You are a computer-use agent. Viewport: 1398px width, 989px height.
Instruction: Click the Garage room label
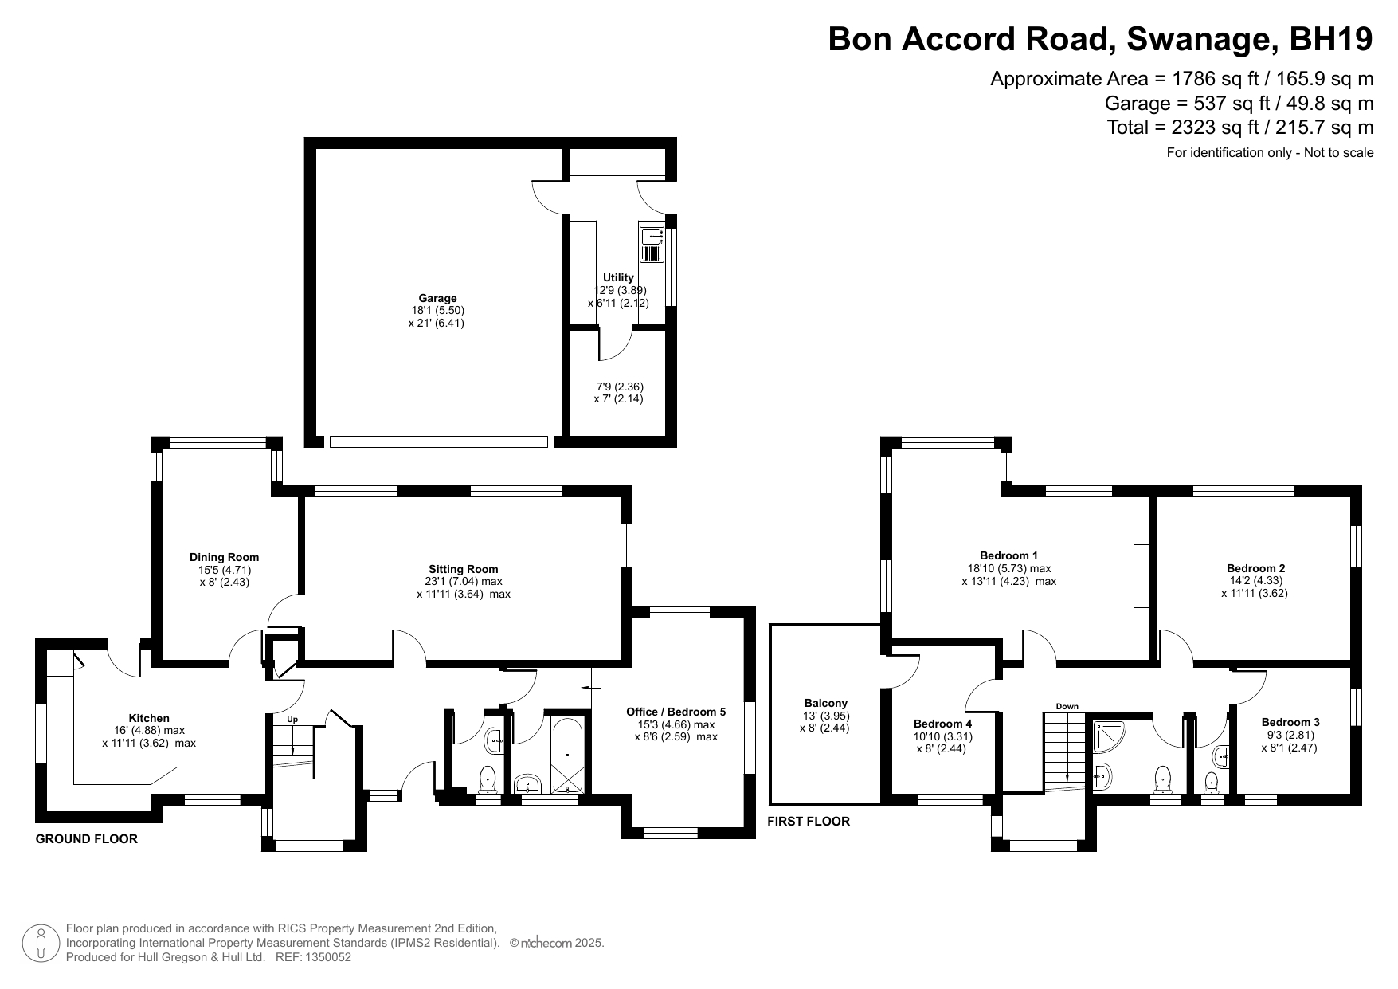pos(437,299)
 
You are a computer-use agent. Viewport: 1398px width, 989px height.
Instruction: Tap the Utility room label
pos(618,278)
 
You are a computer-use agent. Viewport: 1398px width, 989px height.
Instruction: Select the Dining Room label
pos(224,557)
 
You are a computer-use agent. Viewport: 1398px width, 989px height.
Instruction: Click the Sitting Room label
pos(463,569)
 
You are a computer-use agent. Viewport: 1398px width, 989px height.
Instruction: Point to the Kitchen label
pos(149,718)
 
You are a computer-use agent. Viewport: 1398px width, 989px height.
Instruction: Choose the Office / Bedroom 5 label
pos(676,712)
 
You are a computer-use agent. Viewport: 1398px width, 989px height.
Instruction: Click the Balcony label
pos(825,703)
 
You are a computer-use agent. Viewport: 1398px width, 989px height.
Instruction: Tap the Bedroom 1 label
pos(1008,555)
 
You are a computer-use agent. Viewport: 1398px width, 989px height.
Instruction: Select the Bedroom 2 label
pos(1255,568)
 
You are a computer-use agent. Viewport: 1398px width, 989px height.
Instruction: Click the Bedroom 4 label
pos(942,724)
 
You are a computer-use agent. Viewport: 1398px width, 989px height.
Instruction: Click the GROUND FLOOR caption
pos(87,838)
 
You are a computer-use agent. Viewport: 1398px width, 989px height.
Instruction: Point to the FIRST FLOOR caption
pos(809,821)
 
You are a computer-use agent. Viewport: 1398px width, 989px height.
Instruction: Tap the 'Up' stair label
pos(292,719)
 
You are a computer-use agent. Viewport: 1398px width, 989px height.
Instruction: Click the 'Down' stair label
pos(1067,706)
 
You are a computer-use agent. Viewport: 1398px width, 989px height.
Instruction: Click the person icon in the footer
pos(41,943)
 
